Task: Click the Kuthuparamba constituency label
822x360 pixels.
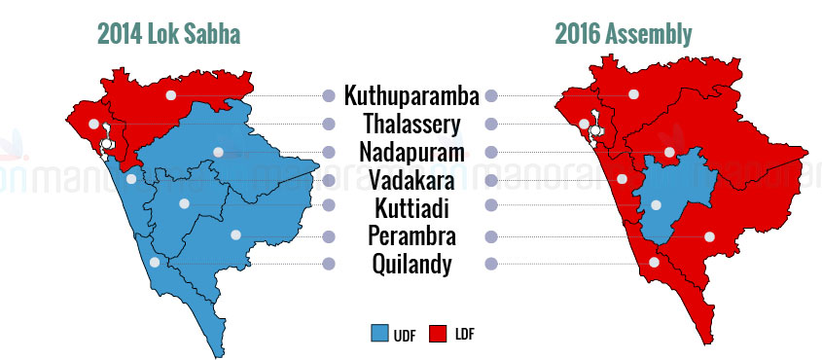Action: [x=411, y=96]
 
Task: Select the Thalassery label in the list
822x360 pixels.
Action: [x=412, y=125]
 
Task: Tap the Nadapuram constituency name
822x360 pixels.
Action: [x=411, y=153]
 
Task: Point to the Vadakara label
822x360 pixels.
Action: [x=411, y=181]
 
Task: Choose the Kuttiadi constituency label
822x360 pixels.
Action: [x=411, y=208]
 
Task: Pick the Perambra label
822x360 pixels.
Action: [x=411, y=235]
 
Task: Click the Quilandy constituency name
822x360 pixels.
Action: [x=411, y=264]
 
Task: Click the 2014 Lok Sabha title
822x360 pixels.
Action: [x=169, y=35]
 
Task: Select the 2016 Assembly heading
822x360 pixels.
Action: [x=624, y=35]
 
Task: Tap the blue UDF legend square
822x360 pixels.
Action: [x=379, y=334]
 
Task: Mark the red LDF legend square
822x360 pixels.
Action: [x=437, y=334]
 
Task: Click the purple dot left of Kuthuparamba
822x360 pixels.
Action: [x=329, y=96]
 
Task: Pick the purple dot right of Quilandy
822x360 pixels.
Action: [x=491, y=264]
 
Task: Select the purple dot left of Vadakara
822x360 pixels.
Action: [x=329, y=181]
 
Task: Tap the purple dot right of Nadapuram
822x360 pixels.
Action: [x=491, y=153]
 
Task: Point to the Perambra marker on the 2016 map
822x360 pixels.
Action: [x=709, y=236]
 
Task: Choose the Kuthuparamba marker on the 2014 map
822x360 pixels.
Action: [x=170, y=94]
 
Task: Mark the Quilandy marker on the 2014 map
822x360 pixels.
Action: [x=154, y=262]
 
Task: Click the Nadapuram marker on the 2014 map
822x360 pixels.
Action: [x=218, y=152]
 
